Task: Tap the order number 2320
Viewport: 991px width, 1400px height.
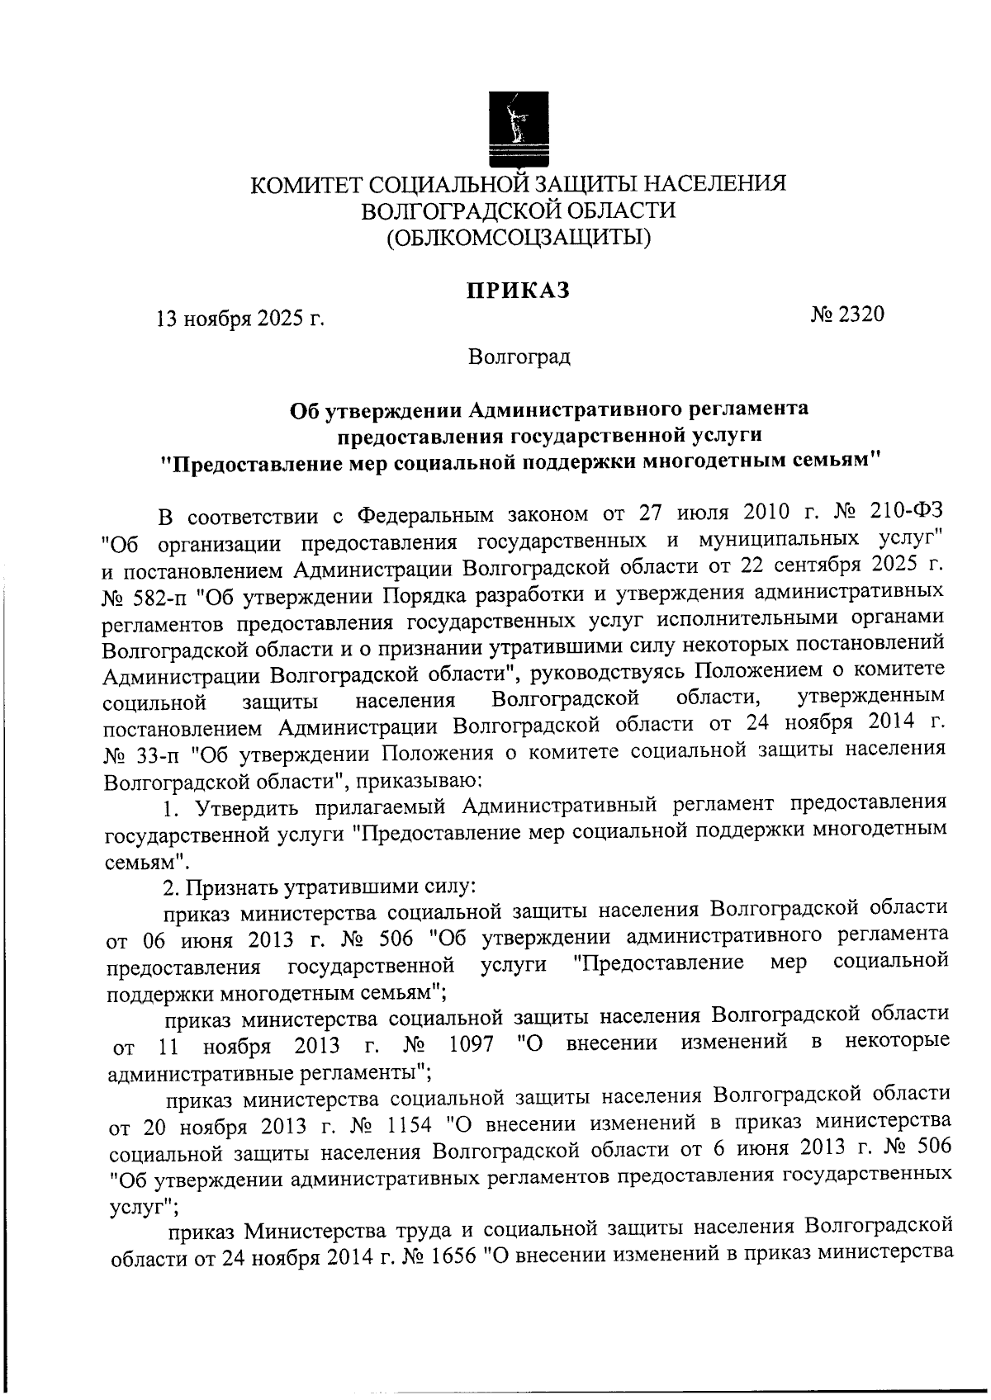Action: click(x=861, y=315)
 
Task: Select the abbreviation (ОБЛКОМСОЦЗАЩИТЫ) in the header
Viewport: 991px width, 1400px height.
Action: click(x=519, y=239)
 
